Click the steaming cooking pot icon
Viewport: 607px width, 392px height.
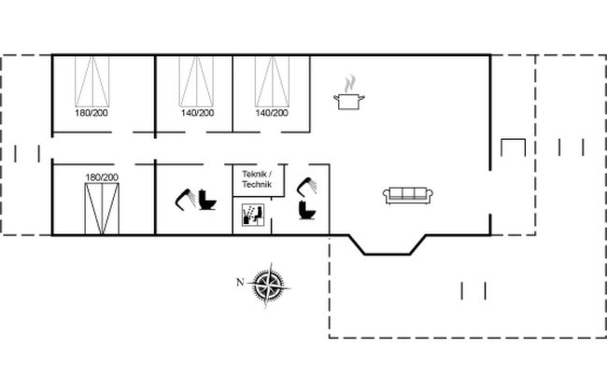coord(349,93)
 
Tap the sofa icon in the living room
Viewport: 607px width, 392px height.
coord(408,195)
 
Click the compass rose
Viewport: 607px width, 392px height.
coord(269,286)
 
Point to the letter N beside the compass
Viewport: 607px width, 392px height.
coord(240,282)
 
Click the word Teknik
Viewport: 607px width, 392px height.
coord(254,175)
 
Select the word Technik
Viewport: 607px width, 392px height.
coord(257,184)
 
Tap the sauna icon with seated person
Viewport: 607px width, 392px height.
coord(253,215)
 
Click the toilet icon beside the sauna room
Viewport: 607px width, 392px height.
coord(307,210)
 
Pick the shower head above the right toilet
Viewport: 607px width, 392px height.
coord(307,186)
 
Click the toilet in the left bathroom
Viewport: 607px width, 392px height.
coord(207,200)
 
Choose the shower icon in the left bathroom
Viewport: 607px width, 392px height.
coord(186,200)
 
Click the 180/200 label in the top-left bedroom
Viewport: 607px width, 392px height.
coord(92,113)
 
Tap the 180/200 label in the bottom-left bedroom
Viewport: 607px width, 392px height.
coord(102,177)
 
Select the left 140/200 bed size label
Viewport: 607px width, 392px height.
coord(197,113)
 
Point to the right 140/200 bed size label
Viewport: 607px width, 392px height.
coord(272,113)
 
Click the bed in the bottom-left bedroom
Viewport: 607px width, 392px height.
coord(102,209)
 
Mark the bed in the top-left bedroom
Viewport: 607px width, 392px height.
coord(92,81)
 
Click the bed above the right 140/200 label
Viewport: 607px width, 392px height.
coord(272,81)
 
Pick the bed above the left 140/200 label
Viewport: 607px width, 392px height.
coord(196,81)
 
